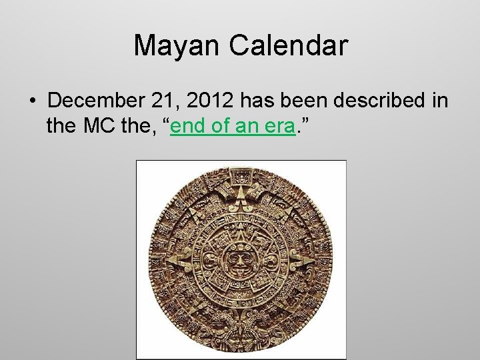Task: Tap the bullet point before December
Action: [x=32, y=101]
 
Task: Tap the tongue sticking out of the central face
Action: [x=241, y=273]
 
